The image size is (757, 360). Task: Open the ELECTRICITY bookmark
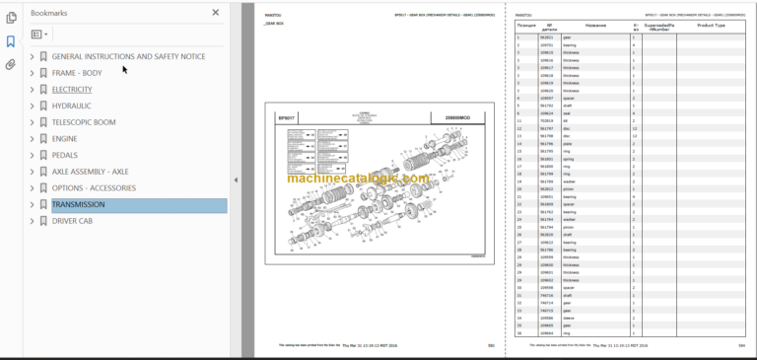(x=71, y=89)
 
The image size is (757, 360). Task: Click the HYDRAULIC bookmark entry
(x=71, y=106)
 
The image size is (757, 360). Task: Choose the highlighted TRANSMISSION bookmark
(x=78, y=205)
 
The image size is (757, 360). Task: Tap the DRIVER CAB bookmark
(x=74, y=221)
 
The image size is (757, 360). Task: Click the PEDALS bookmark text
(x=65, y=155)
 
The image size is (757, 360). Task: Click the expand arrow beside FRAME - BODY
(x=32, y=73)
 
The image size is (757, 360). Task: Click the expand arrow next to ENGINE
(x=32, y=139)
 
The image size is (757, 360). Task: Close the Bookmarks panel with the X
(x=217, y=13)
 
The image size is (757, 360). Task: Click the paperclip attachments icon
(x=11, y=65)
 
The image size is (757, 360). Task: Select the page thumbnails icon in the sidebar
(x=11, y=19)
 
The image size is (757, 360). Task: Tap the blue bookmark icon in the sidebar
(x=11, y=41)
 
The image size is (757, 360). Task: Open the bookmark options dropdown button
(x=39, y=34)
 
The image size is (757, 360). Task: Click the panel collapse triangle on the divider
(x=236, y=180)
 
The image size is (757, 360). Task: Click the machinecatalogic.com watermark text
(x=358, y=179)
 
